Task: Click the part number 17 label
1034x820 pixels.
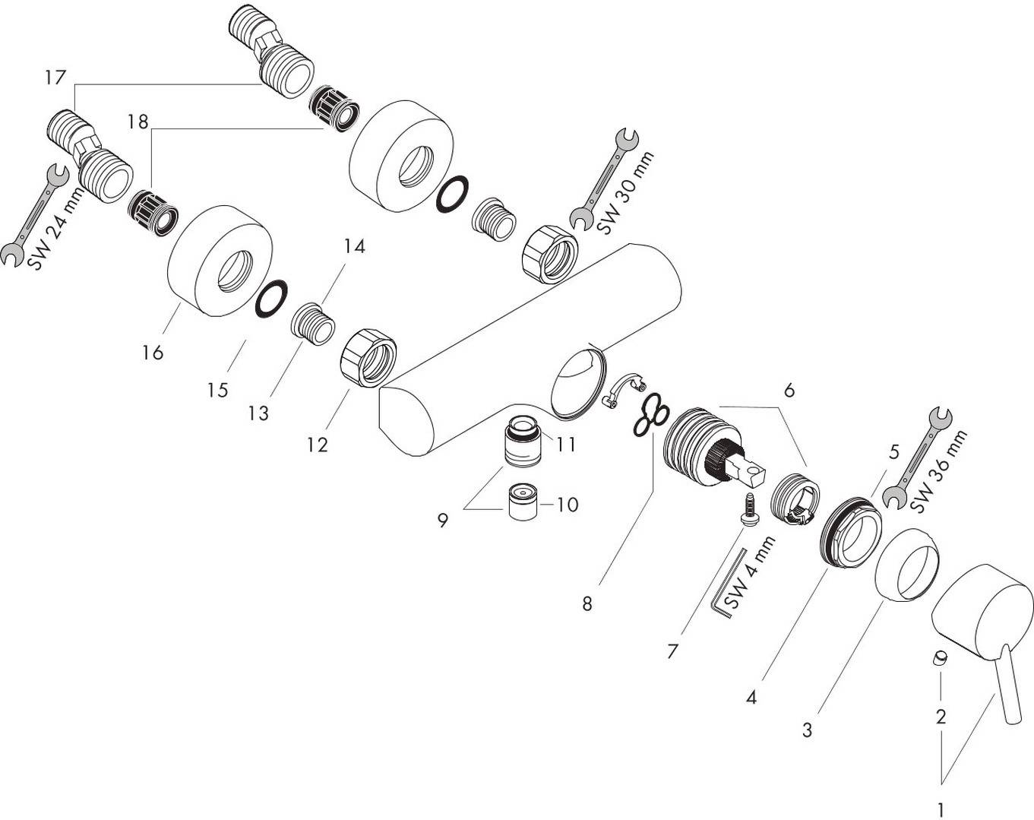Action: [x=55, y=78]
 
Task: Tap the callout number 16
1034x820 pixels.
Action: [x=153, y=352]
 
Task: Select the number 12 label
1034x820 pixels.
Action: [x=317, y=445]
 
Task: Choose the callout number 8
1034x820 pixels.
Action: [x=587, y=604]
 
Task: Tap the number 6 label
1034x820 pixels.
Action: [x=789, y=390]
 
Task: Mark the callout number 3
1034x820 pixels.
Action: [x=807, y=730]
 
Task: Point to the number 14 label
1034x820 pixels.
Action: [x=353, y=246]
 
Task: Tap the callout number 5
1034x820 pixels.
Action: [x=893, y=451]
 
